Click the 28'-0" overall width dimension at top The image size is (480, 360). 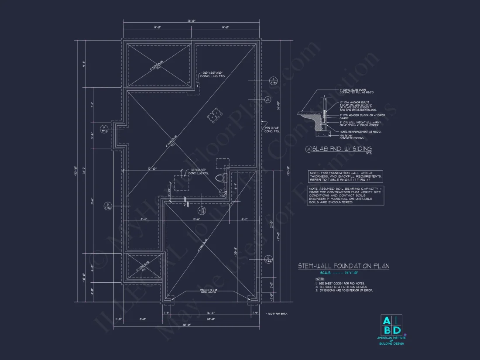coord(192,21)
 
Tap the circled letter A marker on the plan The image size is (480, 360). coord(268,99)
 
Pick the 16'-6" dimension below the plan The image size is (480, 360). coord(210,313)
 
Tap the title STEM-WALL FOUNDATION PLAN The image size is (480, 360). coord(343,266)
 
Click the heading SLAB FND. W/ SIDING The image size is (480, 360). coord(338,149)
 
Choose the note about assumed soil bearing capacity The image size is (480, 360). coord(346,195)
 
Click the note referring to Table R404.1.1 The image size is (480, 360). coord(346,176)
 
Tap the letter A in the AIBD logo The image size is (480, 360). coord(387,321)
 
